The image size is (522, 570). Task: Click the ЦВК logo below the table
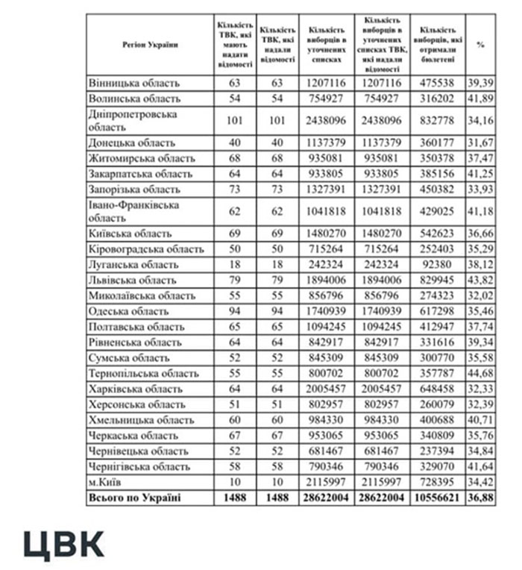[x=63, y=545]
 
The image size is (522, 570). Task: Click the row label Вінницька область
[x=134, y=83]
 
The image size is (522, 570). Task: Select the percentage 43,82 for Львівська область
[x=480, y=281]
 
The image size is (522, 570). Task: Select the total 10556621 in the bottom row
[x=438, y=498]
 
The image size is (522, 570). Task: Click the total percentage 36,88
[x=480, y=498]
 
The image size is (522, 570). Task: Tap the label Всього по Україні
[x=135, y=498]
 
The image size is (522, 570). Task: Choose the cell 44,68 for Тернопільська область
[x=480, y=373]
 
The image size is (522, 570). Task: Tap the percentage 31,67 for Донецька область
[x=480, y=142]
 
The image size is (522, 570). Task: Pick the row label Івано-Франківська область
[x=134, y=211]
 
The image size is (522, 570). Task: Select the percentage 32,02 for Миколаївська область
[x=480, y=296]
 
